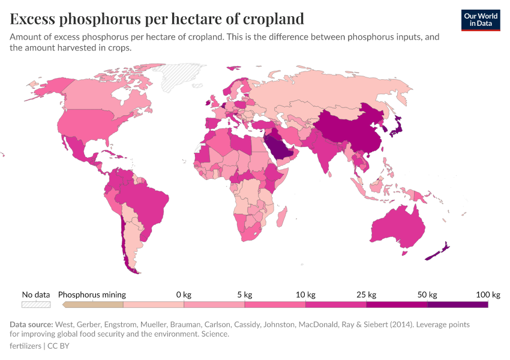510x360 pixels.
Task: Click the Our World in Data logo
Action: pyautogui.click(x=481, y=20)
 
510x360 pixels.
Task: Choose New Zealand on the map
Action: pyautogui.click(x=437, y=253)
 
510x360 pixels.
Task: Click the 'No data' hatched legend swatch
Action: pyautogui.click(x=36, y=305)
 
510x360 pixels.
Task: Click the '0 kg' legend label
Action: pyautogui.click(x=183, y=295)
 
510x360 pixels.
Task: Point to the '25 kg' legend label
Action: pyautogui.click(x=366, y=295)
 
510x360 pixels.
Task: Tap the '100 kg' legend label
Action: pyautogui.click(x=488, y=295)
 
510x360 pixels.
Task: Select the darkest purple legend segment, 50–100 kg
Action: pyautogui.click(x=457, y=305)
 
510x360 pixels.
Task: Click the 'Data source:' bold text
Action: pyautogui.click(x=31, y=325)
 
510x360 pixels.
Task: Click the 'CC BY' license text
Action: pyautogui.click(x=59, y=346)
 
